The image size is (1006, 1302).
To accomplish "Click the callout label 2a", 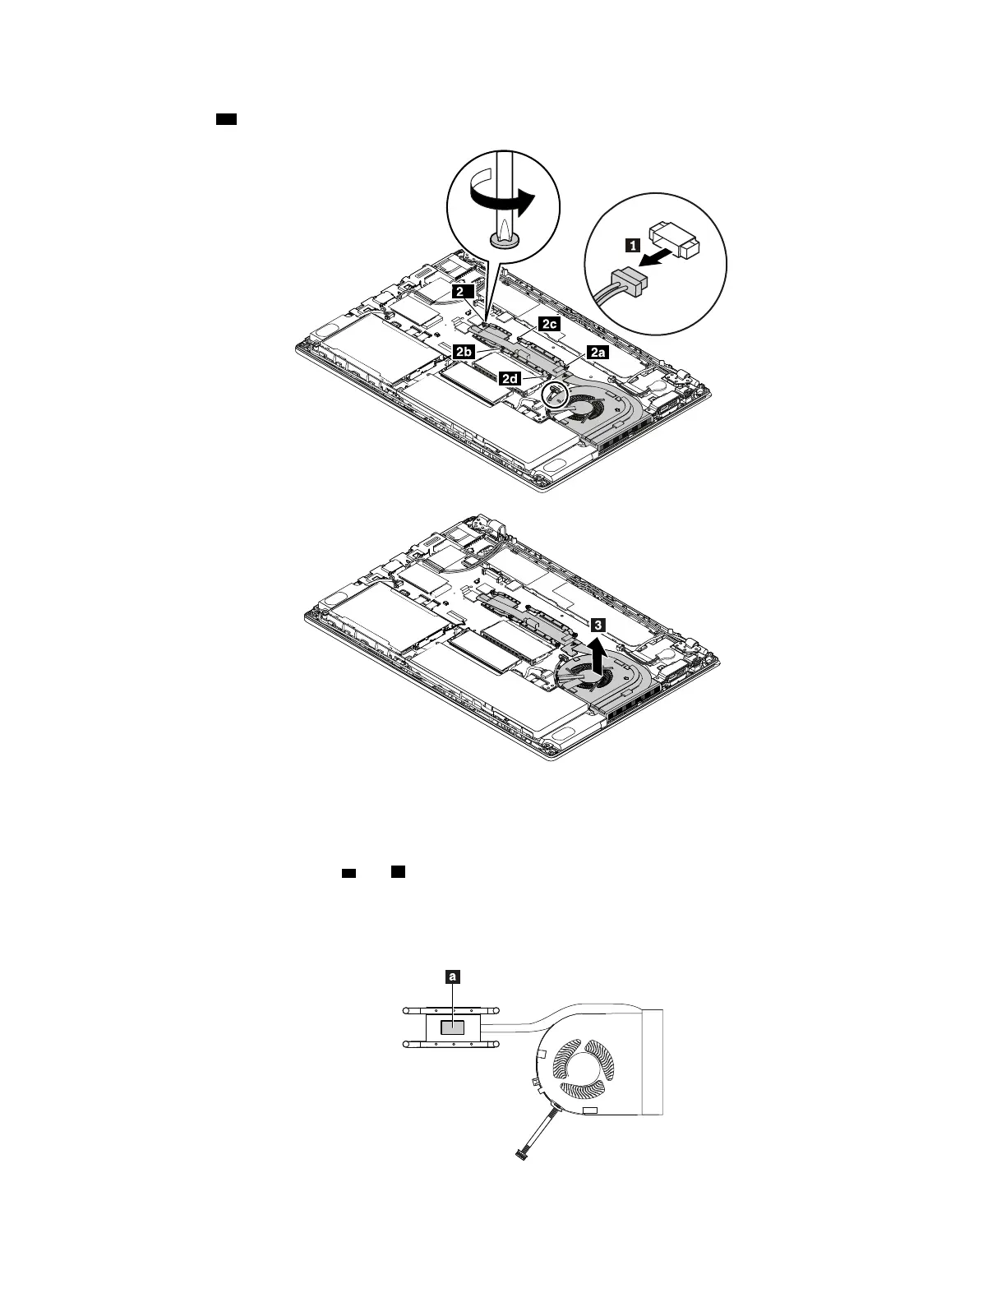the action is (597, 352).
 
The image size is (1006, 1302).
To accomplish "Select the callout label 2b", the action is (463, 351).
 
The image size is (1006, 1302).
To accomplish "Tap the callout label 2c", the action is (549, 324).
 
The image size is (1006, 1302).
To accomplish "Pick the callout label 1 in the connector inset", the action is (632, 243).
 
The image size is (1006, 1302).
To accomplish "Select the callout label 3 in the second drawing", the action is (599, 625).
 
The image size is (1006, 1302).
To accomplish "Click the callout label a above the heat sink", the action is (452, 977).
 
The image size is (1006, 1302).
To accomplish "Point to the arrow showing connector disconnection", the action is (669, 252).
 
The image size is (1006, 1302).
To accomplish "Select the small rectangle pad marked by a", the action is (453, 1027).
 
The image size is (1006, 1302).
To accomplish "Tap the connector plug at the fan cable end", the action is (520, 1156).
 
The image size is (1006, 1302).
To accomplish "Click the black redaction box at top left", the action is (226, 120).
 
